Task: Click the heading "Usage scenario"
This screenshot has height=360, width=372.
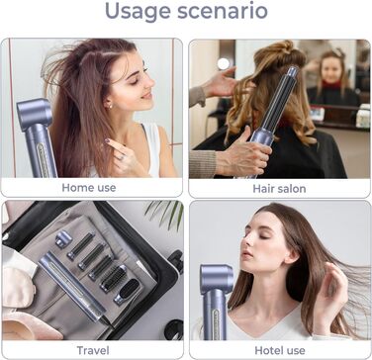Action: pyautogui.click(x=186, y=11)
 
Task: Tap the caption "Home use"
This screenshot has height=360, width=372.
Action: pyautogui.click(x=89, y=188)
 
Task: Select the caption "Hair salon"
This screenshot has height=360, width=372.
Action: pyautogui.click(x=279, y=189)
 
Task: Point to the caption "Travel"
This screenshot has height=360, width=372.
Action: pyautogui.click(x=93, y=350)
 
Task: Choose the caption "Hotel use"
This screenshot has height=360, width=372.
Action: pyautogui.click(x=280, y=350)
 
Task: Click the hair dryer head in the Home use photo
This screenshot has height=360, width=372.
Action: pyautogui.click(x=35, y=114)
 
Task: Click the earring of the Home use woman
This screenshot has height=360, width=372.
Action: pyautogui.click(x=110, y=106)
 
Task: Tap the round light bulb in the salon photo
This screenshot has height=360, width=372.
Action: pyautogui.click(x=224, y=63)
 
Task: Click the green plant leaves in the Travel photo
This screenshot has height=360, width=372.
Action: pyautogui.click(x=166, y=213)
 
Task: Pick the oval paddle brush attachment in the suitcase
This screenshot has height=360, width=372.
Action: pyautogui.click(x=128, y=291)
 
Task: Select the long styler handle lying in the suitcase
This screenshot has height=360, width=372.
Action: pyautogui.click(x=71, y=286)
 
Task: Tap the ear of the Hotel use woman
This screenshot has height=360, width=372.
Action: pyautogui.click(x=291, y=254)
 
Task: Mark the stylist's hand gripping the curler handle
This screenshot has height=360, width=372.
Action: pyautogui.click(x=243, y=154)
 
